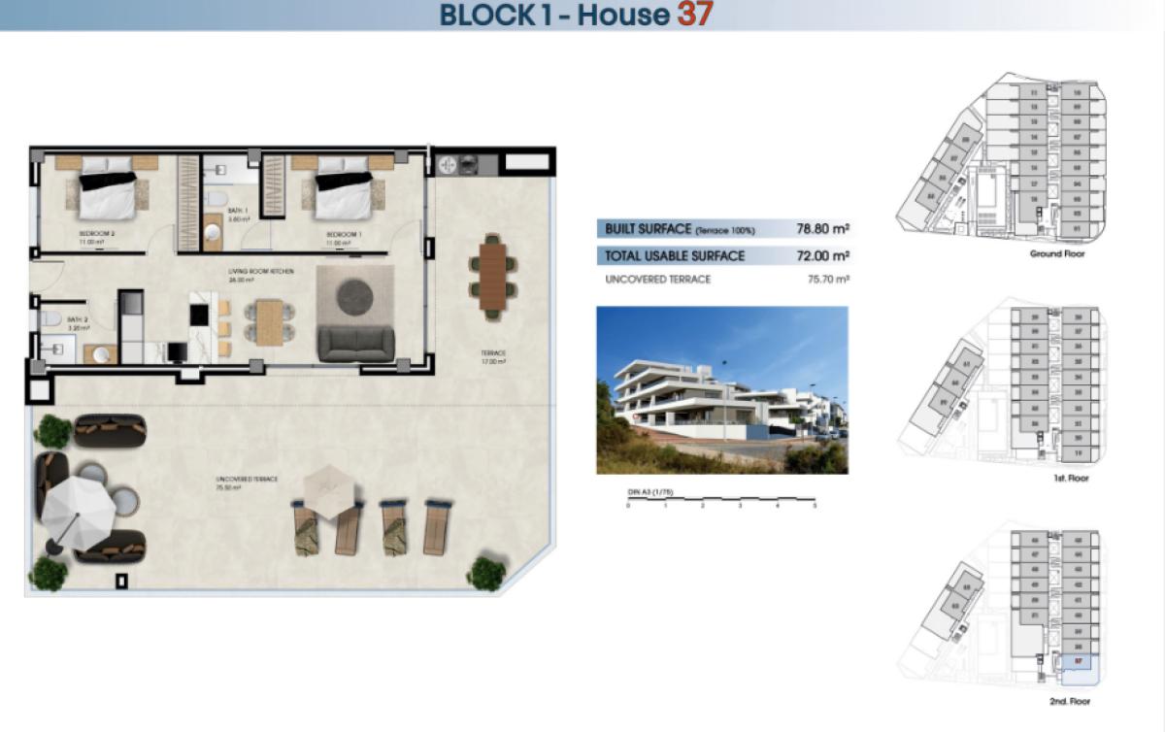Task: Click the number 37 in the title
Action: click(696, 15)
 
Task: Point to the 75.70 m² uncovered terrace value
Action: click(823, 280)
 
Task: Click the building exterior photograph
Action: click(721, 390)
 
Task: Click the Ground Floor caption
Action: click(1057, 254)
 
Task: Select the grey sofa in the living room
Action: click(356, 344)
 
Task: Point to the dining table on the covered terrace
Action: click(493, 273)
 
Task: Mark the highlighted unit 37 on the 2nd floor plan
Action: click(1079, 661)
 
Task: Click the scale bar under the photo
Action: click(721, 498)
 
